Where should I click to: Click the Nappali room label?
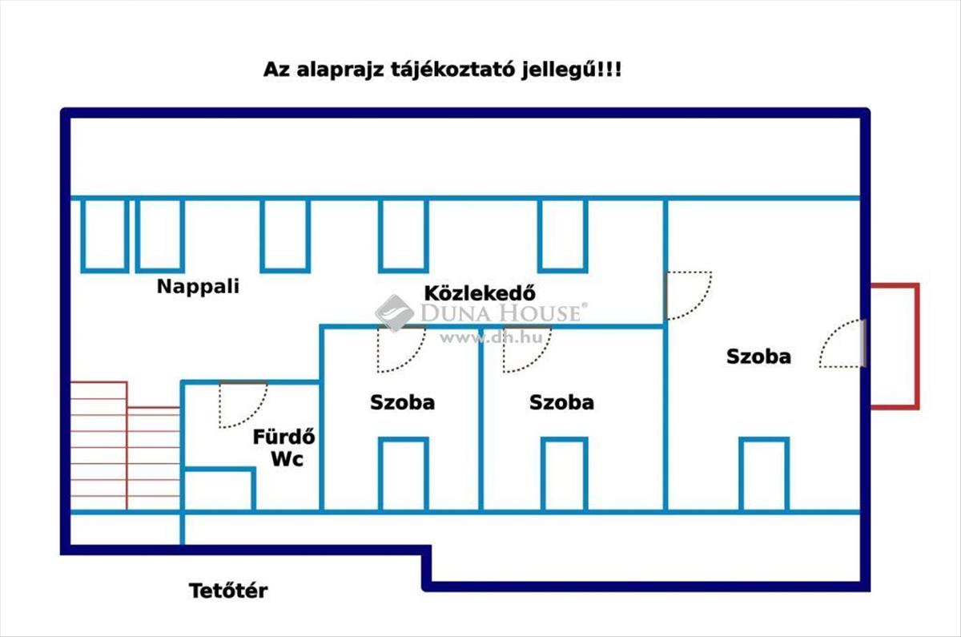click(x=199, y=287)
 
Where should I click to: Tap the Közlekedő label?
click(x=480, y=293)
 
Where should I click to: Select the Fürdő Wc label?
click(x=284, y=448)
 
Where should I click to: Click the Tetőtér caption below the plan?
click(x=228, y=591)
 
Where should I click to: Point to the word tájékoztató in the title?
click(x=452, y=70)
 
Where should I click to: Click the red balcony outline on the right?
click(x=917, y=346)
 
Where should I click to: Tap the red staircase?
click(x=125, y=445)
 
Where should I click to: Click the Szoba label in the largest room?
click(x=758, y=357)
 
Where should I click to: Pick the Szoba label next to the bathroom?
click(x=402, y=402)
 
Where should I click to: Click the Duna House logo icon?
click(x=394, y=313)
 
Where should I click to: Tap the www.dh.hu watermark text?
click(x=491, y=338)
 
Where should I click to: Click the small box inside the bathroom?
click(x=219, y=490)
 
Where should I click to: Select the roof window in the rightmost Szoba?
click(x=764, y=474)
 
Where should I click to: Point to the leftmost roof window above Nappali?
click(x=105, y=236)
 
